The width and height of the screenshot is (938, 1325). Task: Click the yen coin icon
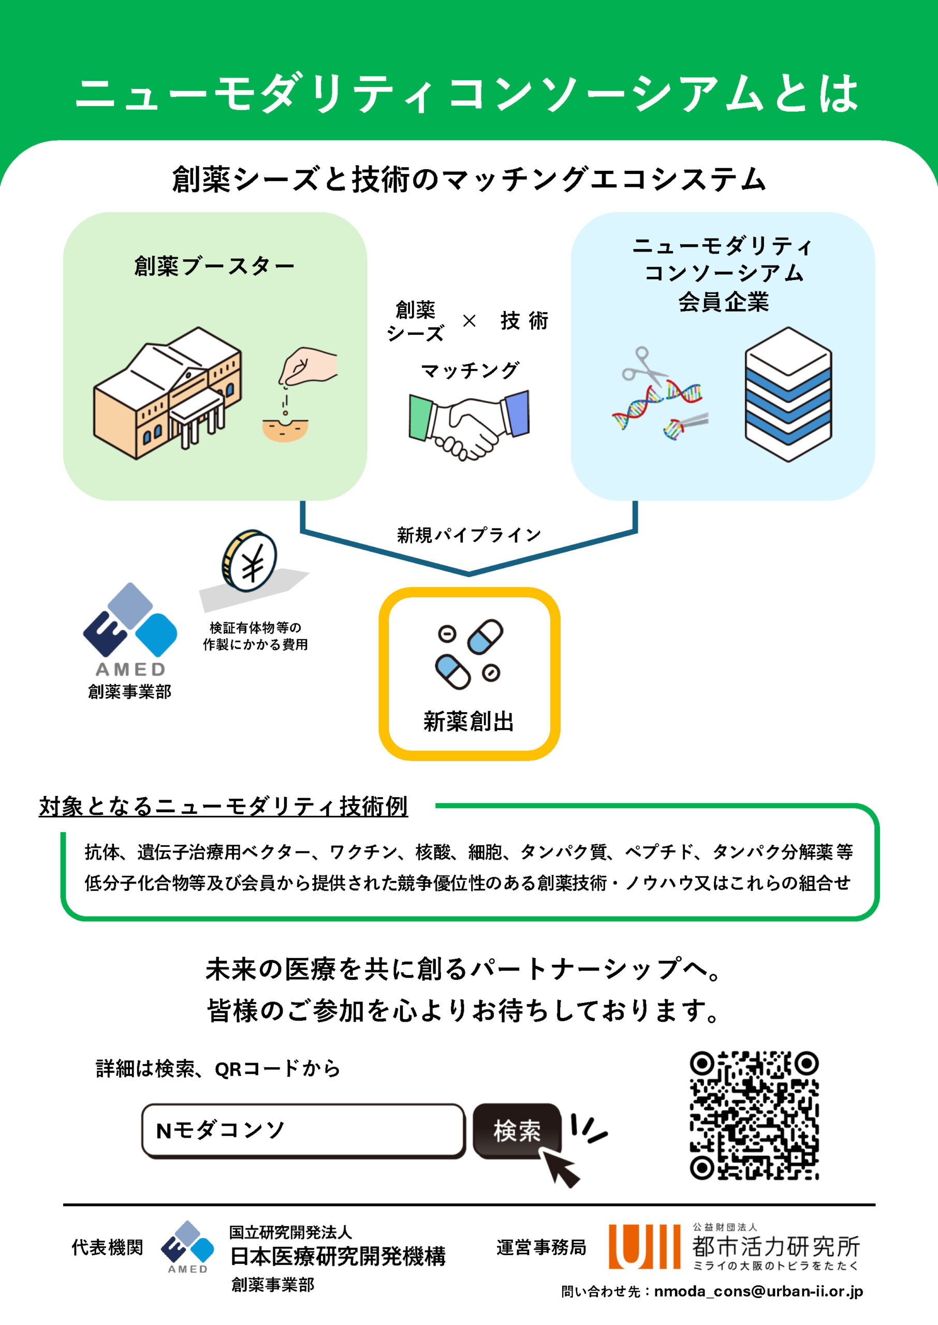250,562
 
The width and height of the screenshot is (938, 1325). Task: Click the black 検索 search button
517,1131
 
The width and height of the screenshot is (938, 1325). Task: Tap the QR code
754,1115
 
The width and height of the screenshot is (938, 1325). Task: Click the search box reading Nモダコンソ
303,1131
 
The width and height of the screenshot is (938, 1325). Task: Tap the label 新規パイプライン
468,535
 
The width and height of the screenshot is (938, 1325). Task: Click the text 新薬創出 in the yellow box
468,722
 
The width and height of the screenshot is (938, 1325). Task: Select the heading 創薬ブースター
214,266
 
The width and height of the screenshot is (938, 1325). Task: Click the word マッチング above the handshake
470,370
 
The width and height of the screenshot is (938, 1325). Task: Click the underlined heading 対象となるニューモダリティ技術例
224,806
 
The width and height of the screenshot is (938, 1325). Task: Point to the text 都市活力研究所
775,1246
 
